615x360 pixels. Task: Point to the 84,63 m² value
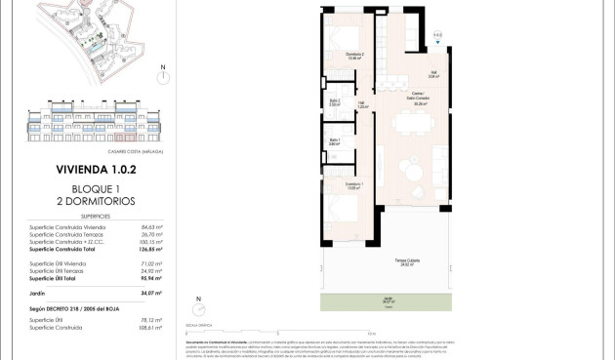pos(149,226)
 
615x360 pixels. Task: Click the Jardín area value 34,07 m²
pos(149,293)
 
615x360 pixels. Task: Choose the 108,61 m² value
pos(149,328)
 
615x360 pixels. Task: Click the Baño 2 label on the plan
pos(334,102)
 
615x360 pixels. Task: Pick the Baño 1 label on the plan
pos(334,141)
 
